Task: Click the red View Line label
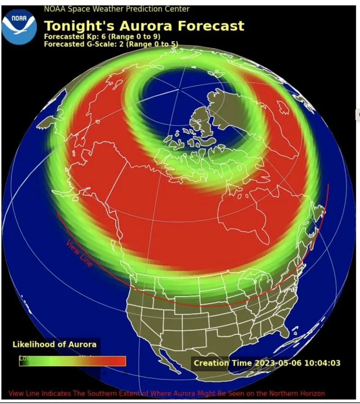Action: (x=80, y=254)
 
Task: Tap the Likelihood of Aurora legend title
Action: (x=54, y=345)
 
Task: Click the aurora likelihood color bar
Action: (x=72, y=361)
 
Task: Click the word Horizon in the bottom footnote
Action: (x=312, y=393)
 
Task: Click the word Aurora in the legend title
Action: (x=82, y=345)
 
